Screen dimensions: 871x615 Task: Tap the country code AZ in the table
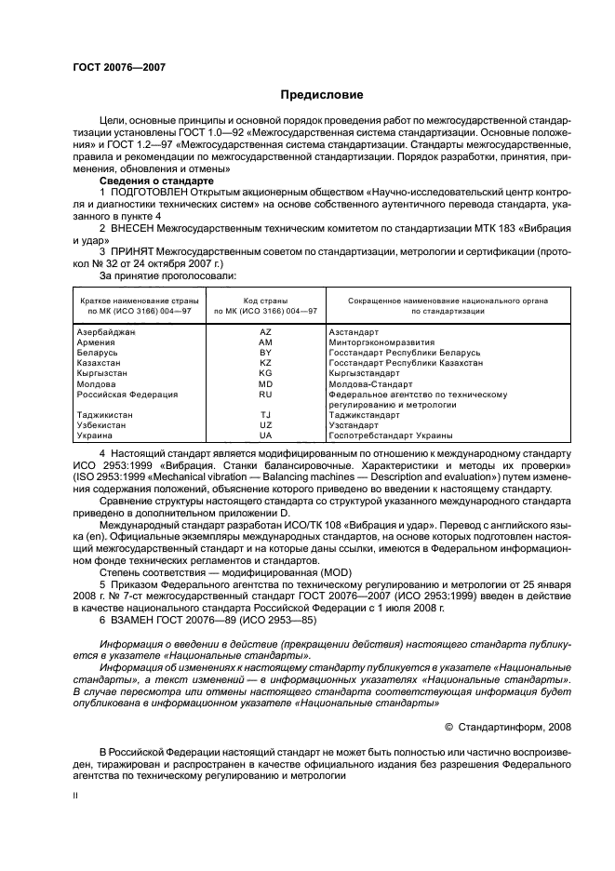[x=265, y=331]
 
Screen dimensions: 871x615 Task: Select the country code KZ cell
[x=265, y=363]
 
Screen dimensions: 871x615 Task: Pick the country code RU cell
[x=265, y=395]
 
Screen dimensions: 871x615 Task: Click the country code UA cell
[x=265, y=435]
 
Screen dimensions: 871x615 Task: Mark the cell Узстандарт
[x=354, y=425]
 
